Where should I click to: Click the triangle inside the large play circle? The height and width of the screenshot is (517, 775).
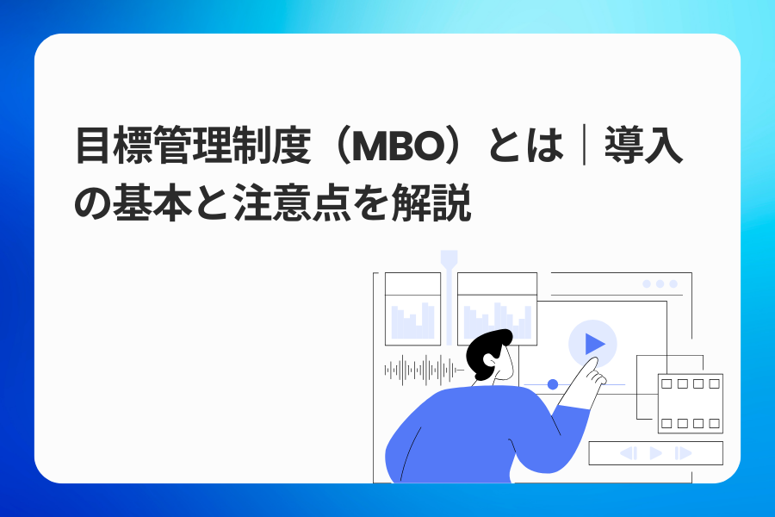click(x=594, y=344)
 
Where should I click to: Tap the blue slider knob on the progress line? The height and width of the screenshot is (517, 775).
click(x=553, y=384)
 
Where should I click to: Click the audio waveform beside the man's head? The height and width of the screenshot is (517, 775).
click(x=422, y=370)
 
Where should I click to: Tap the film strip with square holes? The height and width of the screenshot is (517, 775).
click(x=690, y=403)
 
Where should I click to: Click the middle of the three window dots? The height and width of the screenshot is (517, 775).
click(x=660, y=283)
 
